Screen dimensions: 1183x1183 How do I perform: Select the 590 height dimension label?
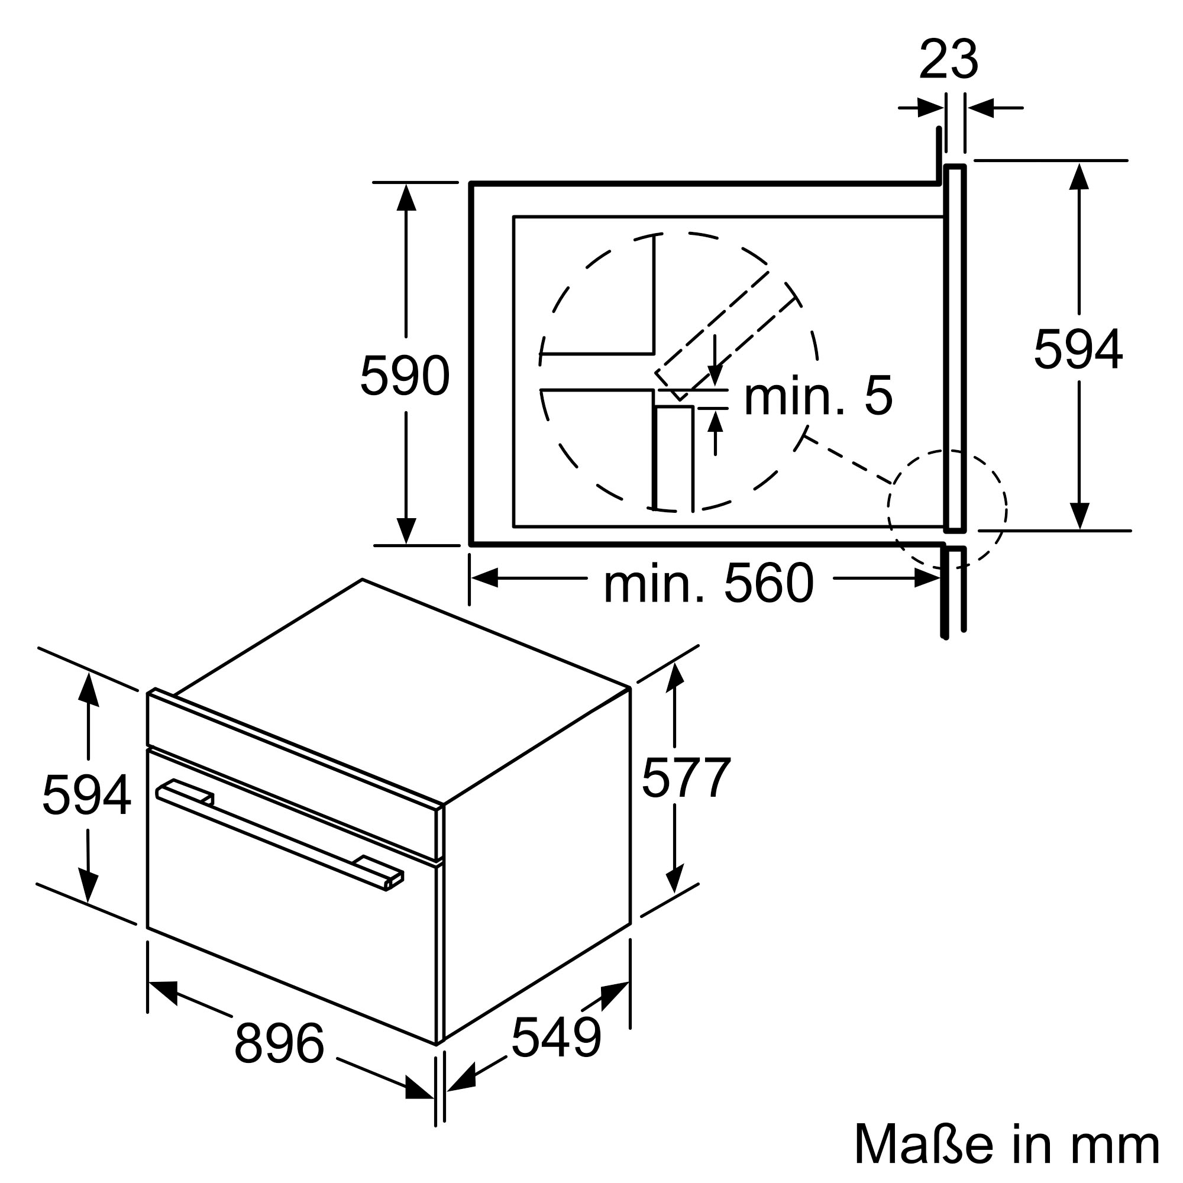click(x=405, y=376)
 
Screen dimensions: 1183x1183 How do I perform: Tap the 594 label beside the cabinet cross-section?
click(x=1078, y=350)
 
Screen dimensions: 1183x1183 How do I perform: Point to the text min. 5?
click(x=818, y=397)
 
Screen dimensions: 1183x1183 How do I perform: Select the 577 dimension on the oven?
click(x=686, y=778)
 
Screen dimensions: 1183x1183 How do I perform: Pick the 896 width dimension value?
click(x=279, y=1043)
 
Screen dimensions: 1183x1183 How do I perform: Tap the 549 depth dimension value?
click(x=556, y=1037)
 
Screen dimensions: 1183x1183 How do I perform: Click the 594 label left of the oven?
click(x=86, y=795)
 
